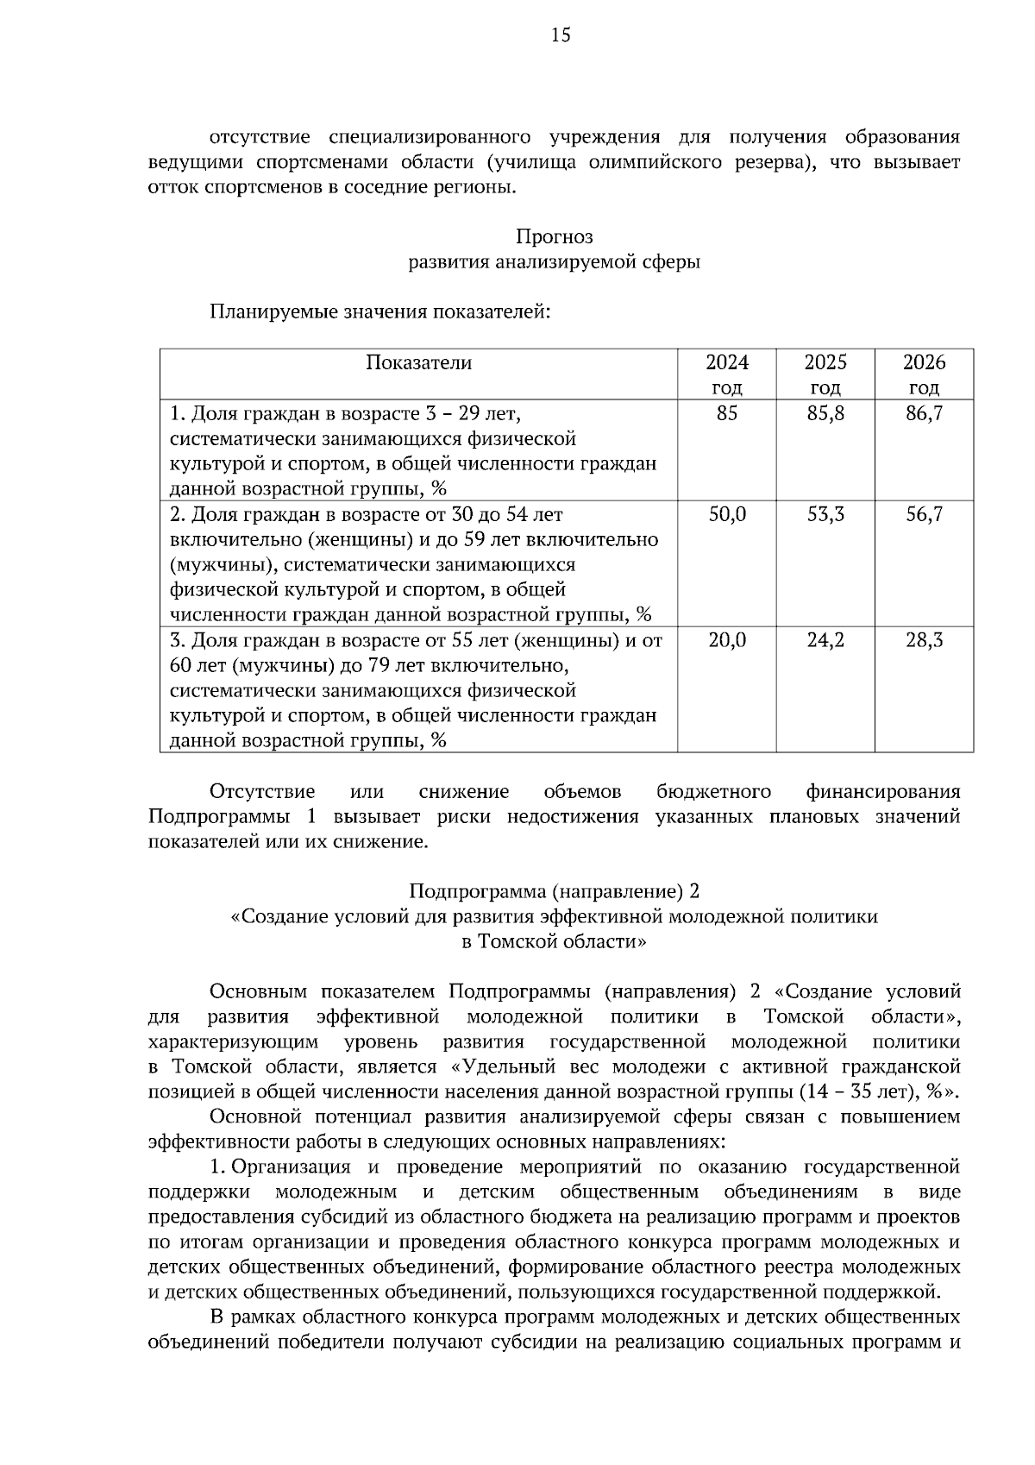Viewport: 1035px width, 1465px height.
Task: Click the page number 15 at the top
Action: click(x=560, y=35)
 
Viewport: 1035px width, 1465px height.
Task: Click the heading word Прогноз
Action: click(x=554, y=236)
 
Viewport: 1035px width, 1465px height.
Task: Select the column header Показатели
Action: click(x=418, y=362)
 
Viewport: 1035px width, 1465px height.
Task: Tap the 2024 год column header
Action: click(x=727, y=374)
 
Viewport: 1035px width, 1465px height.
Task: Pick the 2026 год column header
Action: click(x=924, y=374)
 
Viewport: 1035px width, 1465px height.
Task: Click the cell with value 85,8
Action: click(x=825, y=413)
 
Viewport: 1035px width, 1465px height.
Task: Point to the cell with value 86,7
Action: click(x=924, y=413)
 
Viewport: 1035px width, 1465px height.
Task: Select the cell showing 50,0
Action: click(x=727, y=514)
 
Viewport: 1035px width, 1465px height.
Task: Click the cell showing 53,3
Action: click(x=825, y=514)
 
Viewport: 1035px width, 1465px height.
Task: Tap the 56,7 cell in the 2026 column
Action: click(x=924, y=514)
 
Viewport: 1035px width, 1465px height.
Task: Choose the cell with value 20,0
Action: click(x=727, y=640)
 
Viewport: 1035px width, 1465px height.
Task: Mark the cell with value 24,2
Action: click(x=825, y=640)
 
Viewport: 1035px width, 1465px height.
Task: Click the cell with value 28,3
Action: click(x=924, y=640)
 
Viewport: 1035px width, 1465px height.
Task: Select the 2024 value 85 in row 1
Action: click(x=727, y=413)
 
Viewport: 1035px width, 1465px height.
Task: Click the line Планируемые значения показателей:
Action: click(x=379, y=311)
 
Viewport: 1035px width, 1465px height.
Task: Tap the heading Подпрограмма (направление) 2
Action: click(x=554, y=890)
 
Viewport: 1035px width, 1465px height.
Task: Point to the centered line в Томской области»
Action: click(x=554, y=941)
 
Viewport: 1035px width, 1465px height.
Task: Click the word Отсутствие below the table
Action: click(x=262, y=791)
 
